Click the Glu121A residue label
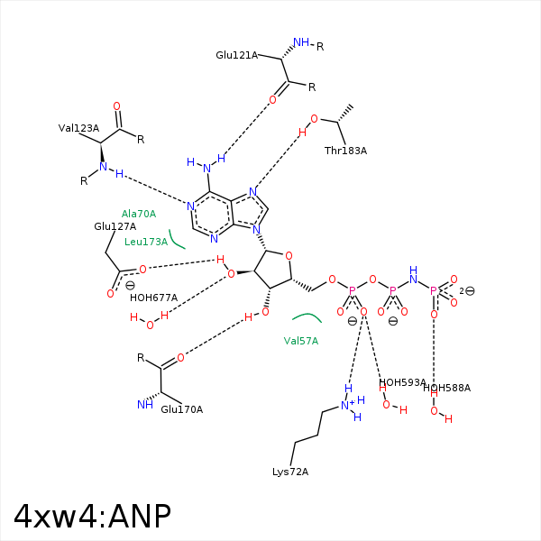(236, 55)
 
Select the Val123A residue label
(78, 128)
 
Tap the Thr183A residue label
(345, 151)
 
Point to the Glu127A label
(115, 226)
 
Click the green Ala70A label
(139, 214)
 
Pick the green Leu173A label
(146, 242)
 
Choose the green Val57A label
(301, 341)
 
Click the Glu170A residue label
(181, 409)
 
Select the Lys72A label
(290, 472)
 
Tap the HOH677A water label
(153, 298)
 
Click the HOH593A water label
(402, 382)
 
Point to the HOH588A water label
(446, 388)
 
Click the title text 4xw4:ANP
(92, 516)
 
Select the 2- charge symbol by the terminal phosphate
(466, 290)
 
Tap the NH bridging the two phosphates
(413, 275)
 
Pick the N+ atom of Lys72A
(347, 406)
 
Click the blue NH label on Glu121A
(301, 43)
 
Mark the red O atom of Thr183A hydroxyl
(314, 119)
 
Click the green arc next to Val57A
(307, 316)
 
